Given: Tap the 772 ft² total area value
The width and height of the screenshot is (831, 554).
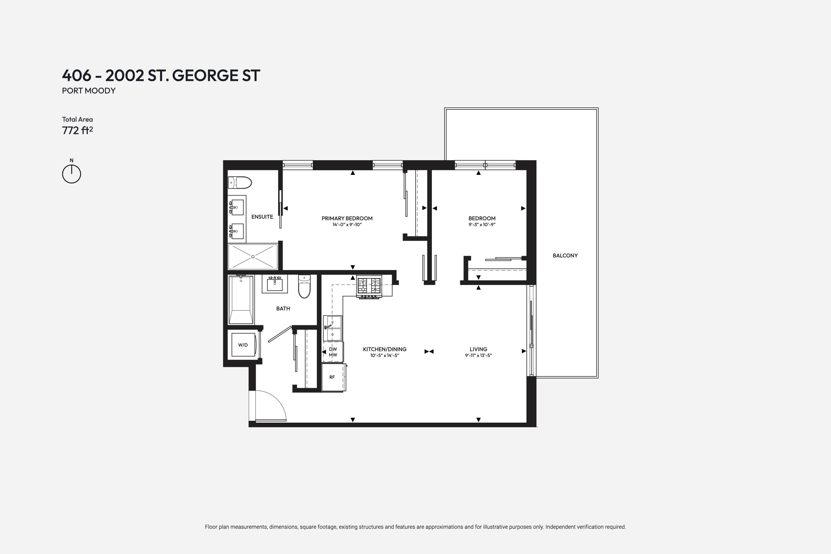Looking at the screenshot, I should click(77, 130).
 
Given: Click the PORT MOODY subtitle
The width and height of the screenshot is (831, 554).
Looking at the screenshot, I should click(89, 91).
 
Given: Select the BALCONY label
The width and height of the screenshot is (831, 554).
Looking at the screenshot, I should click(565, 255).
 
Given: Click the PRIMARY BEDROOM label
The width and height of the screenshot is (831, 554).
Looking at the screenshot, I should click(347, 218).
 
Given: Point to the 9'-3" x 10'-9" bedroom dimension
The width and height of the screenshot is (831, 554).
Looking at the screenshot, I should click(482, 225).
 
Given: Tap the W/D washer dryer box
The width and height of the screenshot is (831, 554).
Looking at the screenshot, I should click(243, 345).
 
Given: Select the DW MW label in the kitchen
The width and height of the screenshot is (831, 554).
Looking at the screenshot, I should click(333, 352).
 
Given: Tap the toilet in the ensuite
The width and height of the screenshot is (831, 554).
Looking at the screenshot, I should click(240, 183).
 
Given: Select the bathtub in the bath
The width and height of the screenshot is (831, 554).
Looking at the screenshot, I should click(241, 300).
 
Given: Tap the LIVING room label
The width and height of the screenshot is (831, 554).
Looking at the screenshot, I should click(478, 349).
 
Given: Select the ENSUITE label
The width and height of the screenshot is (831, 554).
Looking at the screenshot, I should click(262, 217).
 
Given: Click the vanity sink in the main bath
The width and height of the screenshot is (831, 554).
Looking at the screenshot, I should click(275, 284).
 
